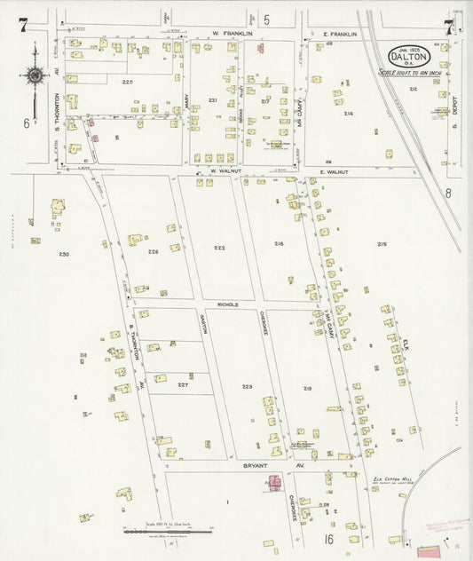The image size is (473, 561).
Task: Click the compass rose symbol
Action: (x=35, y=76)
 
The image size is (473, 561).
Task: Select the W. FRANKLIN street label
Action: (x=233, y=34)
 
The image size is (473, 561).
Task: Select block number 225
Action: (x=128, y=82)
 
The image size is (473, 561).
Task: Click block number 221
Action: (x=213, y=100)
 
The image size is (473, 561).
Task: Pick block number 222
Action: (x=219, y=247)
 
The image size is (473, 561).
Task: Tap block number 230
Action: (x=64, y=255)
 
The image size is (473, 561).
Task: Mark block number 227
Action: (x=183, y=384)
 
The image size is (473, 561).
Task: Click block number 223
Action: (x=247, y=387)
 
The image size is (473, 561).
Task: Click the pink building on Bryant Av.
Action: (x=274, y=483)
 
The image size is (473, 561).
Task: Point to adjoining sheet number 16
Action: (x=327, y=539)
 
